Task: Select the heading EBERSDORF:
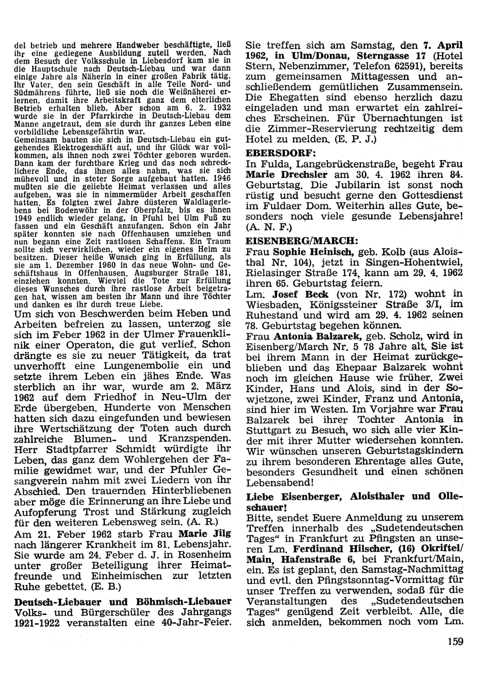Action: point(275,153)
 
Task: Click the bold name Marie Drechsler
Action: point(284,175)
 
